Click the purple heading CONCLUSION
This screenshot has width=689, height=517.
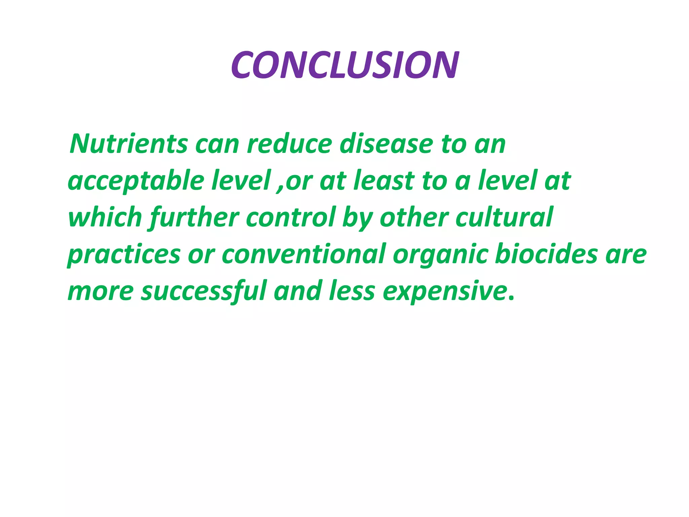click(x=345, y=65)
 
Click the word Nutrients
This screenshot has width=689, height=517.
click(x=128, y=144)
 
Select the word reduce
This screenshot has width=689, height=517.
click(x=289, y=144)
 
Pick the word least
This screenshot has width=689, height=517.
click(x=384, y=181)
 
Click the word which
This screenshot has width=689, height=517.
click(x=105, y=217)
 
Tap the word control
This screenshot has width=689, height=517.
click(x=291, y=217)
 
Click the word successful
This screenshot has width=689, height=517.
click(x=204, y=291)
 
